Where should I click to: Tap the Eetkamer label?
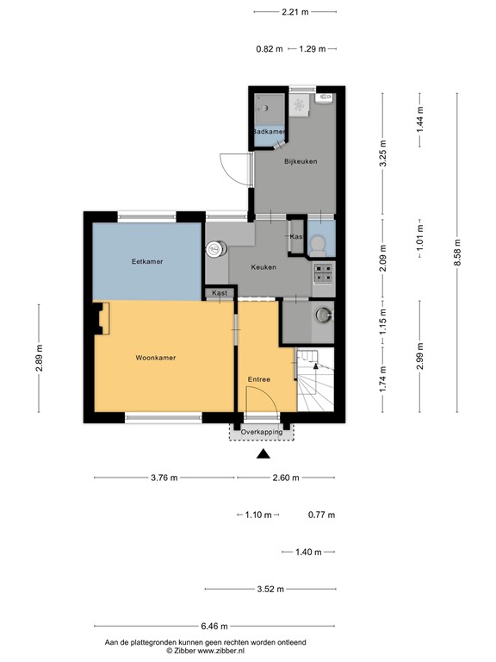coord(148,261)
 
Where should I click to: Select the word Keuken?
coord(263,267)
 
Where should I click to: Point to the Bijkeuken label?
coord(301,161)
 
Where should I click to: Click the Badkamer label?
coord(268,131)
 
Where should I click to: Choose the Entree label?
coord(259,379)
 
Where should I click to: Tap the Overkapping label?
coord(262,432)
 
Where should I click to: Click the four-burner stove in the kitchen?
coord(323,273)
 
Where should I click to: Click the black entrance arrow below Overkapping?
coord(263,455)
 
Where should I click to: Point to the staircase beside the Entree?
coord(314,381)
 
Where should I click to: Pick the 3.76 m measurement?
coord(164,478)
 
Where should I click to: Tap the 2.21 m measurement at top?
coord(295,12)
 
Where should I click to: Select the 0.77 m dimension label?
coord(321,515)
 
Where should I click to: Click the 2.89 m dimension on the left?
coord(39,357)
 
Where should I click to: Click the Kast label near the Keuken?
coord(220,294)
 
